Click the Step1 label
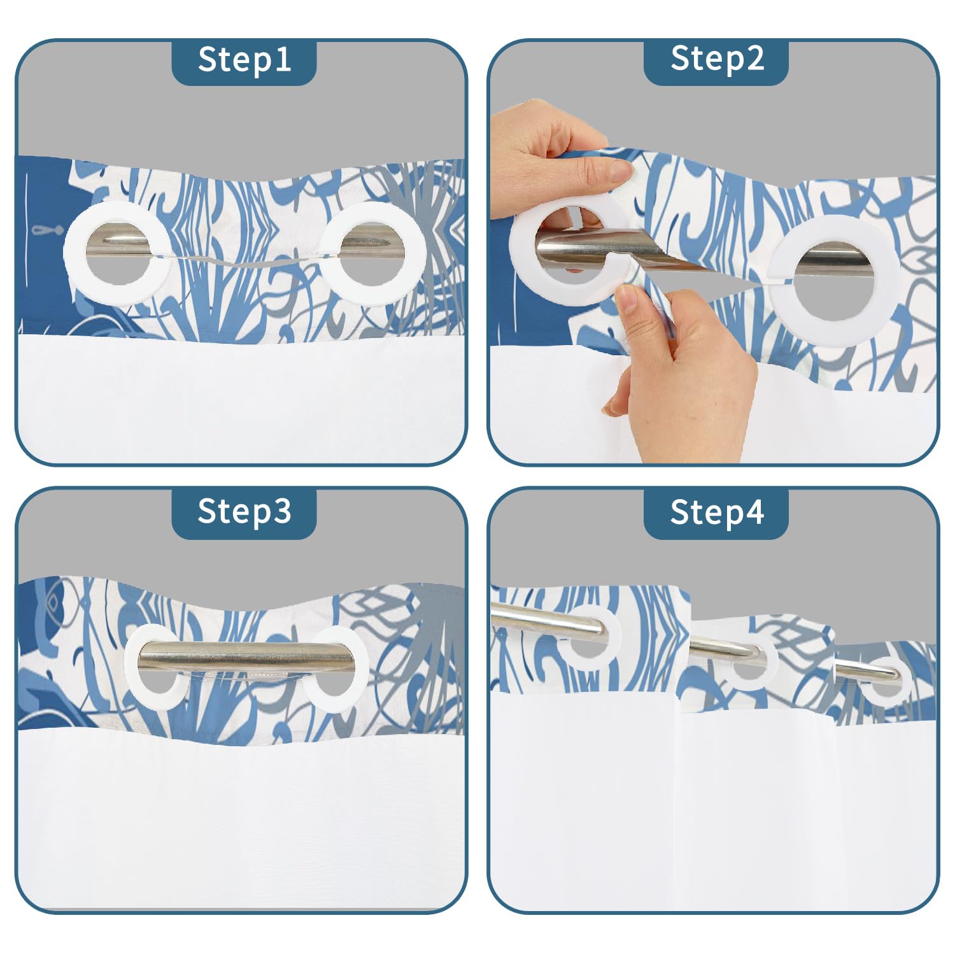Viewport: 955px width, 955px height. [x=244, y=60]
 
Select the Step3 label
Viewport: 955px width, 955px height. [x=244, y=511]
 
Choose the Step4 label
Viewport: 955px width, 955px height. [x=717, y=512]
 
